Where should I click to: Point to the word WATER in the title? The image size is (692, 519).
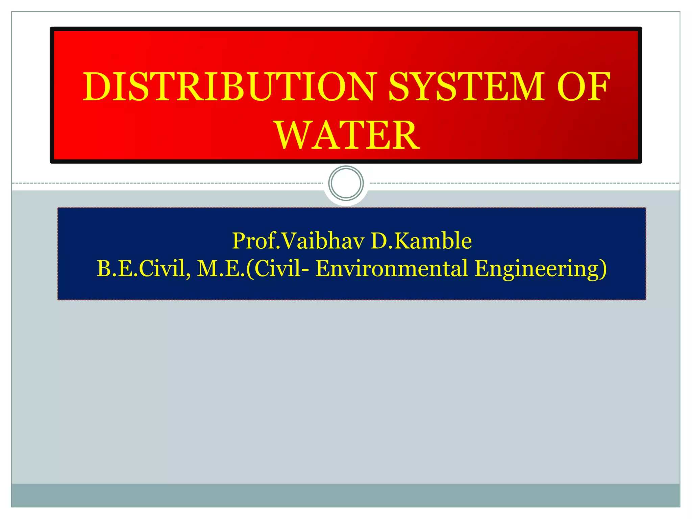coord(347,135)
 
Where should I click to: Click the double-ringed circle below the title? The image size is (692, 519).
coord(346,183)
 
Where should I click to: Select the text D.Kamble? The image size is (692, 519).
coord(421,241)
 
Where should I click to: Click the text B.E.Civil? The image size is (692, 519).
coord(144,269)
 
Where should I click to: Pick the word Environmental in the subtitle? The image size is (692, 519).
coord(392,269)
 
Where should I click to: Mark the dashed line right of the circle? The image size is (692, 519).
coord(524,183)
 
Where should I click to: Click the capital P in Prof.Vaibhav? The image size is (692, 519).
coord(240,241)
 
